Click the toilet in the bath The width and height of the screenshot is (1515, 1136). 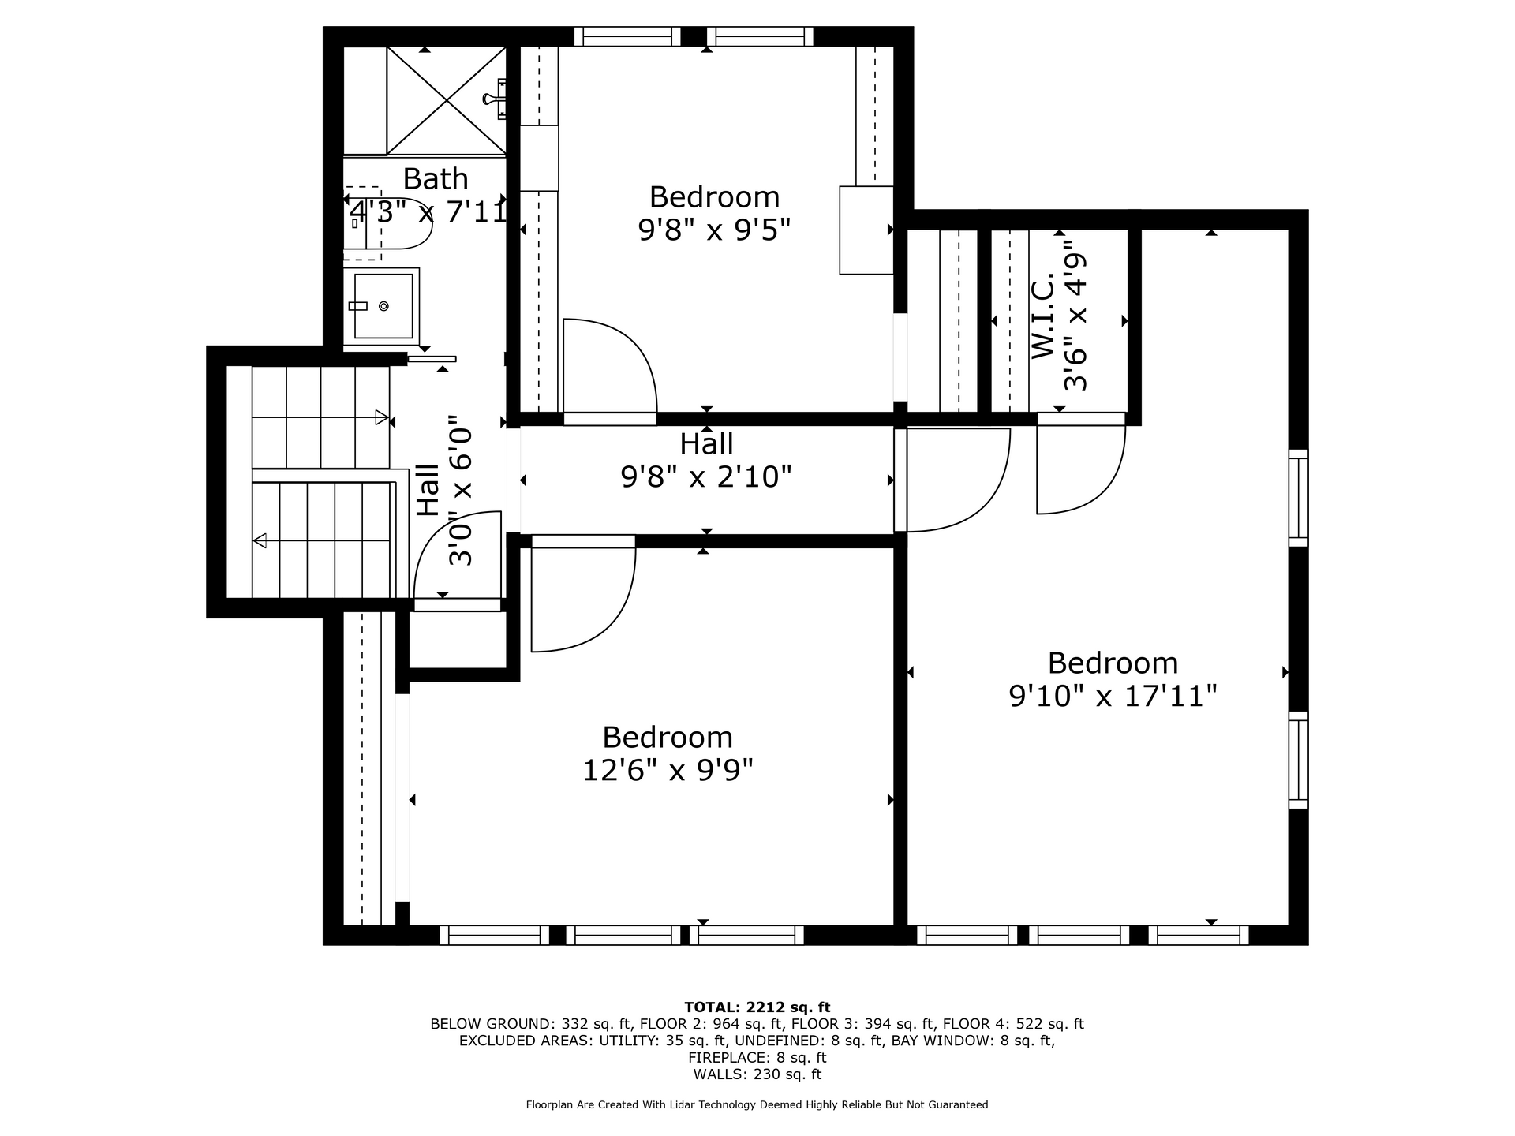[387, 223]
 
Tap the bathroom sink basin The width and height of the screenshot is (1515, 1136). [383, 305]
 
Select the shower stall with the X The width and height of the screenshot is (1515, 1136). [446, 100]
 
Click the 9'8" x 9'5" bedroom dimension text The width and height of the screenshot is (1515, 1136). [714, 230]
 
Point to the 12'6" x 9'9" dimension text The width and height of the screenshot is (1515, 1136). [668, 770]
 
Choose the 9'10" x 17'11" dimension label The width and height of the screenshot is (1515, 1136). [1113, 696]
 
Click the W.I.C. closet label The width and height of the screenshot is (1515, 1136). [1043, 316]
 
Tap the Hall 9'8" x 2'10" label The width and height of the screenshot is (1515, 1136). [706, 461]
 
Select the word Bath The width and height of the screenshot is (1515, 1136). [436, 179]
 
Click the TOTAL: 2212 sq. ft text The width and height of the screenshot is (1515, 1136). [757, 1007]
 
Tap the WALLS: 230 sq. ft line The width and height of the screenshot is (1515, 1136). [757, 1074]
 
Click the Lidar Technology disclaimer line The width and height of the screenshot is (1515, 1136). [757, 1104]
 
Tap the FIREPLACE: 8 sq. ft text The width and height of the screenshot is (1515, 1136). [757, 1057]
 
